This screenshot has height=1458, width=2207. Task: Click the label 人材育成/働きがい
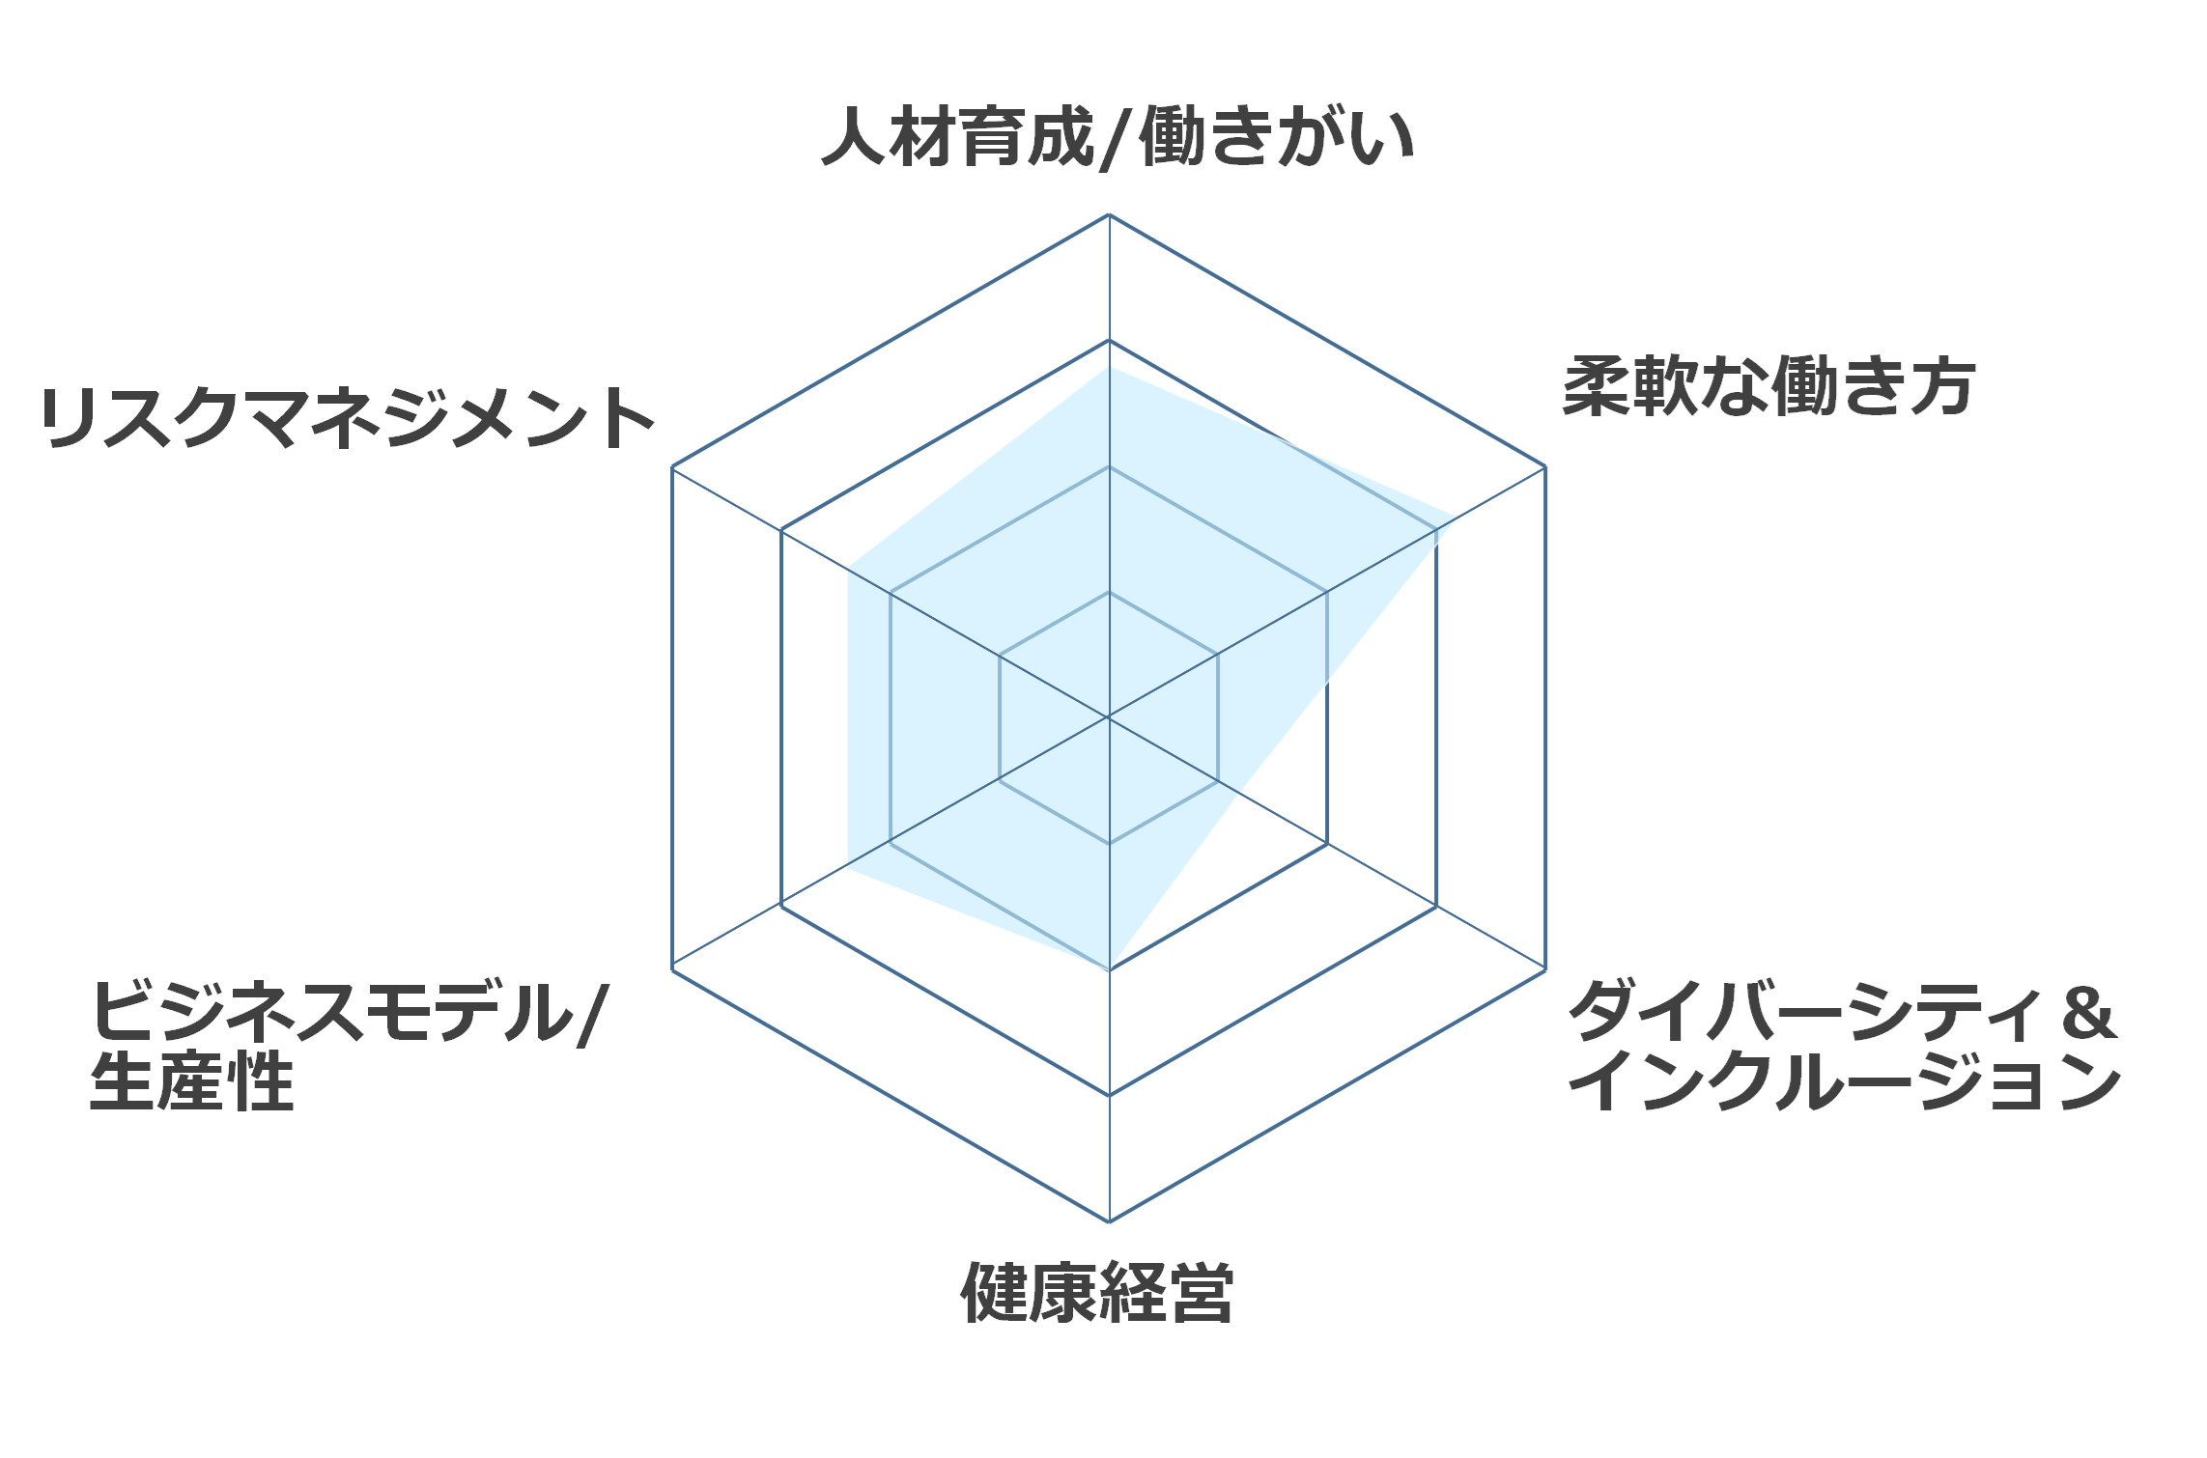coord(1118,137)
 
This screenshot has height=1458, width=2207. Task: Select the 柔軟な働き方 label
coord(1769,386)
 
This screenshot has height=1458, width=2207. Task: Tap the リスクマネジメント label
coord(348,418)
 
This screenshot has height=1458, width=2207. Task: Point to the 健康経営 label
coord(1097,1292)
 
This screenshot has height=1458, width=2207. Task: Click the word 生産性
coord(191,1080)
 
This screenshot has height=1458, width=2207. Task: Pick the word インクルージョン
coord(1845,1080)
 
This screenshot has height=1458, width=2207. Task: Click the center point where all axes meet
coord(1109,717)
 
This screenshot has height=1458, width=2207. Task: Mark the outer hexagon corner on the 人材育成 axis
coord(1109,214)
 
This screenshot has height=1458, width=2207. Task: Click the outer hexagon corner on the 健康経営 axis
coord(1109,1221)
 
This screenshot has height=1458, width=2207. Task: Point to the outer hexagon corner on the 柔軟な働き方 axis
coord(1545,467)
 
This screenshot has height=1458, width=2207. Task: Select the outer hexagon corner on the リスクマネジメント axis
coord(672,467)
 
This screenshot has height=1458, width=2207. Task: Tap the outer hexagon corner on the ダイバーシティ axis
coord(1545,969)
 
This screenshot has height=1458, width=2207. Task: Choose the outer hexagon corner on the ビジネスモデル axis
coord(672,969)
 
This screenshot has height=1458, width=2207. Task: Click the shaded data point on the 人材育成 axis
coord(1109,366)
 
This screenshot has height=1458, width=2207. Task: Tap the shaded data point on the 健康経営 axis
coord(1109,969)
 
